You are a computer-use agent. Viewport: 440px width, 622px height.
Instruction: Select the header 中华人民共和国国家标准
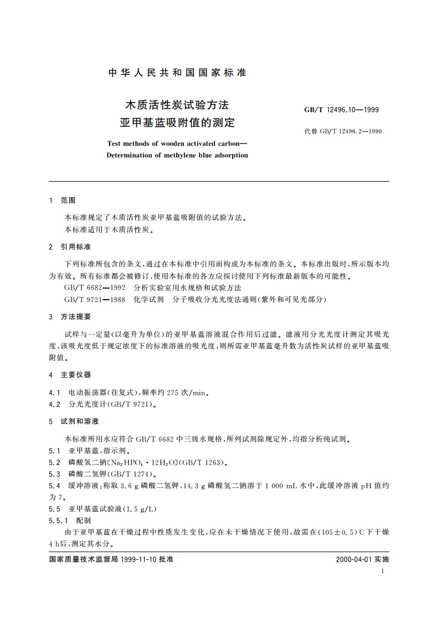[x=177, y=73]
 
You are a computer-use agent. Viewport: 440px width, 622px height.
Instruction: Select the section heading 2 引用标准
[x=70, y=246]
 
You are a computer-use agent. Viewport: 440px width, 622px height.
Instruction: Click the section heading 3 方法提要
[x=70, y=316]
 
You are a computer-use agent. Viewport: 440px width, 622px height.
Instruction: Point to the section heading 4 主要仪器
[x=70, y=375]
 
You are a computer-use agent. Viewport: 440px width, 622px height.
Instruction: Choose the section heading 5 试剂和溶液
[x=74, y=421]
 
